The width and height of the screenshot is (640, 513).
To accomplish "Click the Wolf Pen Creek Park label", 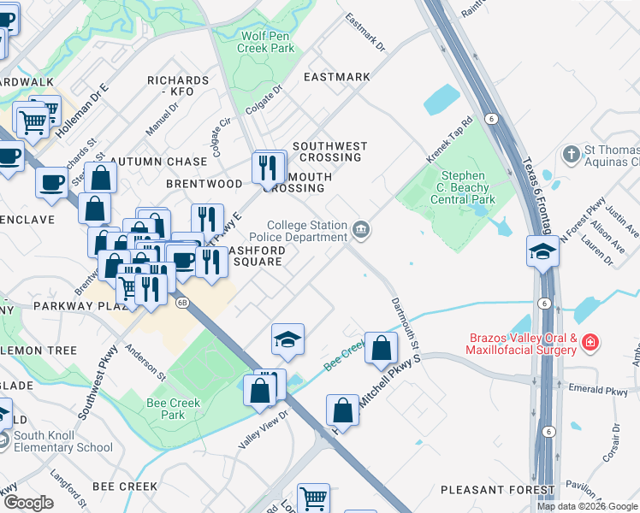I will (x=268, y=42).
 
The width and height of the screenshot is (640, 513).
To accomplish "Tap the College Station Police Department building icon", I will (x=362, y=229).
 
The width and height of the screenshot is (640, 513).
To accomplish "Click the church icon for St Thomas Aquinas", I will (x=571, y=155).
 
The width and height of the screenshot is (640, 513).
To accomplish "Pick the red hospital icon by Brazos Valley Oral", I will (x=590, y=344).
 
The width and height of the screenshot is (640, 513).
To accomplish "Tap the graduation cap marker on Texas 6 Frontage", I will (x=542, y=251).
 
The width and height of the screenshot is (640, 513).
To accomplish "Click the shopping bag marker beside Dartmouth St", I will (x=381, y=348).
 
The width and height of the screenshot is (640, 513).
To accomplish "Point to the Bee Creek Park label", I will (x=173, y=409).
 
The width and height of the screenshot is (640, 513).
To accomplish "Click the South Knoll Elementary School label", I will (x=62, y=441).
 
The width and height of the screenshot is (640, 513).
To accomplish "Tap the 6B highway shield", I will (x=181, y=302).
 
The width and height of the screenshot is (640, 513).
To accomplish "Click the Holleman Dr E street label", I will (x=83, y=112).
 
